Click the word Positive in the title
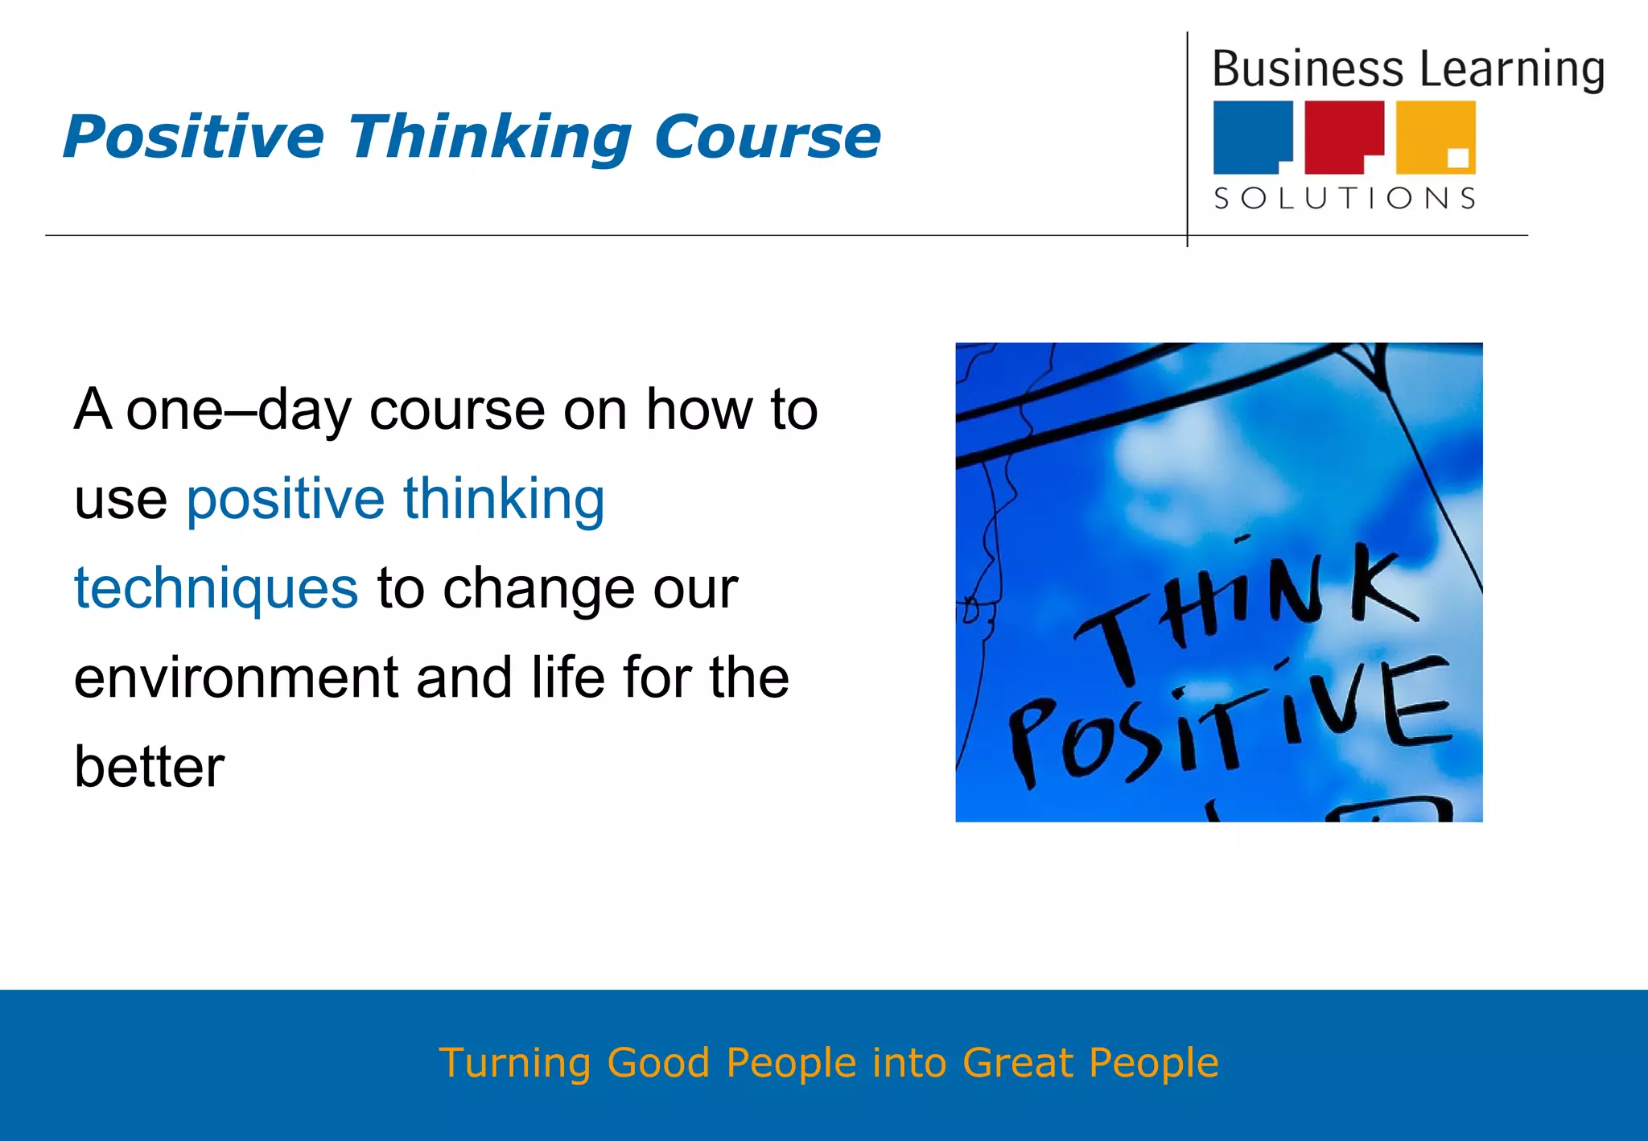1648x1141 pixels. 193,137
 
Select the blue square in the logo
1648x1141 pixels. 1251,135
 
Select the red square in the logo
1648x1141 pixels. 1342,135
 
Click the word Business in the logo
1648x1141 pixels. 1307,69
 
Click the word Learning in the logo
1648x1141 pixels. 1512,71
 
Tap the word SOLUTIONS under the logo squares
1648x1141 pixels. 1345,198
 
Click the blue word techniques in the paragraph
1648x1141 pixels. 216,589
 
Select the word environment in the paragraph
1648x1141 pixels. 236,678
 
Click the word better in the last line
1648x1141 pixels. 149,767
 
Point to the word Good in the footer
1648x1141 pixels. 657,1063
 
